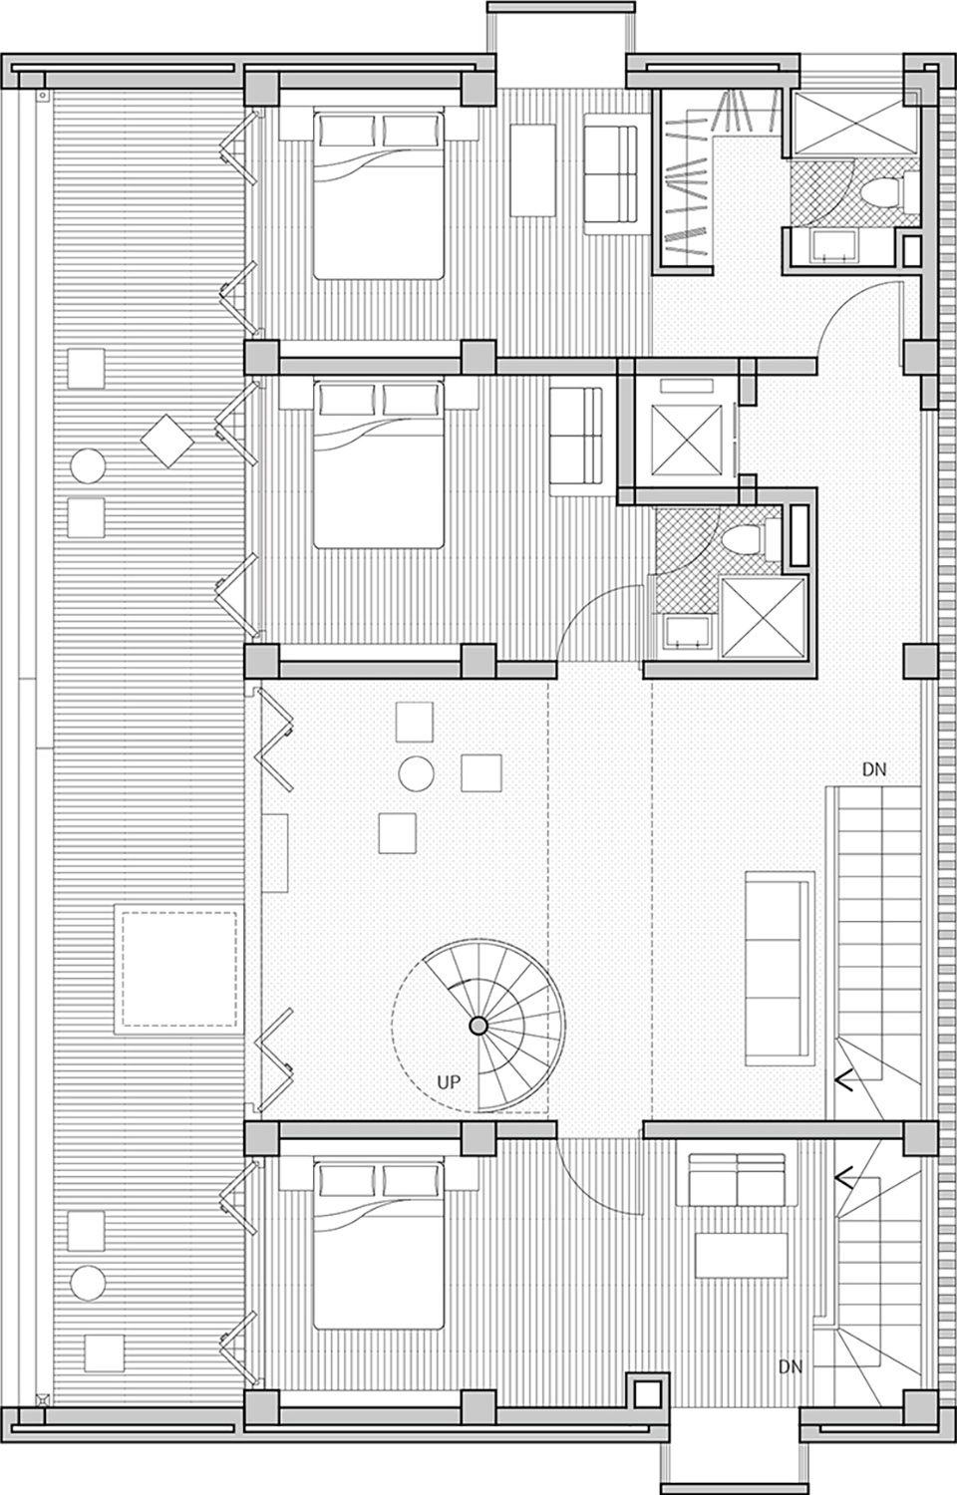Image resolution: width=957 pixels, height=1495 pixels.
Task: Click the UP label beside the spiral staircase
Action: (449, 1081)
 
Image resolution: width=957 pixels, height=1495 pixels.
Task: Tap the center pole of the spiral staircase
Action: (478, 1025)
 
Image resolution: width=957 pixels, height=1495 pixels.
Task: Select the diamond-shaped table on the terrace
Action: (166, 440)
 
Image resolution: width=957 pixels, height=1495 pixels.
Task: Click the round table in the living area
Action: (416, 772)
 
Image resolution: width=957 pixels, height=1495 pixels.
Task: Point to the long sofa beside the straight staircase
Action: (780, 965)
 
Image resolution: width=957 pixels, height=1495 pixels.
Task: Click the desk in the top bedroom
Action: (532, 168)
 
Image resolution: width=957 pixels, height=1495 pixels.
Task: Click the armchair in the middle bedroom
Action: (577, 439)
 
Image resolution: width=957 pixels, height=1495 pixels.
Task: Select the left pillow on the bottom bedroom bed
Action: (346, 1180)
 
